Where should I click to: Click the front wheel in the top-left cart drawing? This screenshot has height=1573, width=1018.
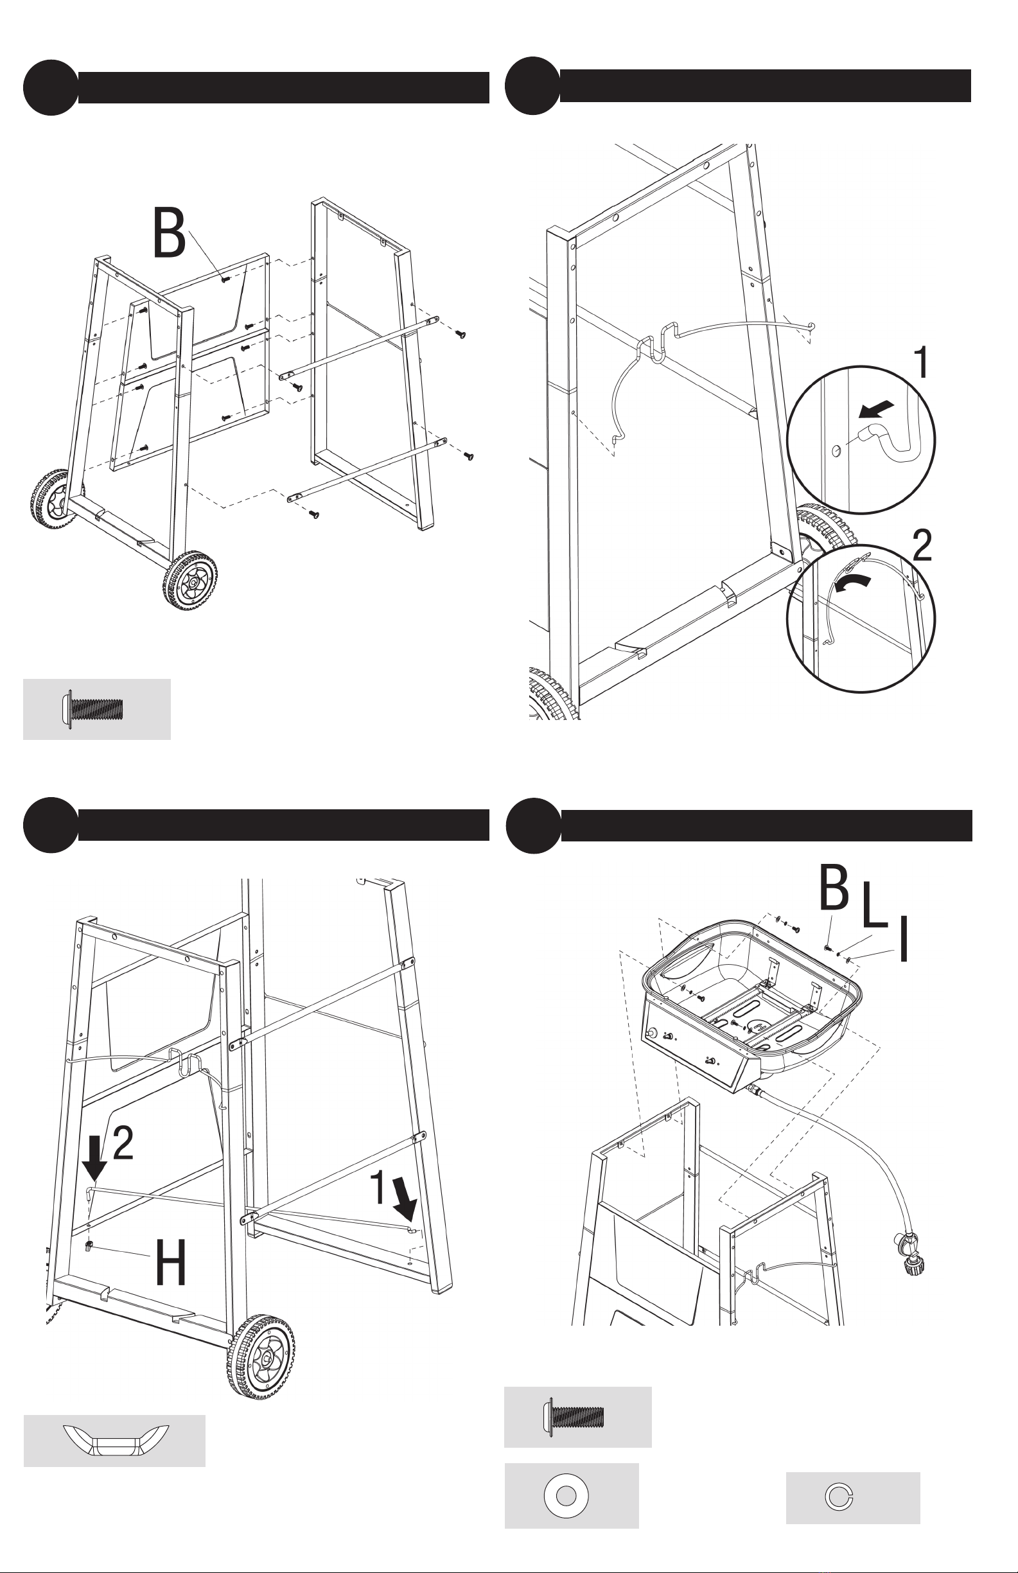[x=191, y=582]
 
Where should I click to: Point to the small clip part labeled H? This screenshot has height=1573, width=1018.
[x=89, y=1247]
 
